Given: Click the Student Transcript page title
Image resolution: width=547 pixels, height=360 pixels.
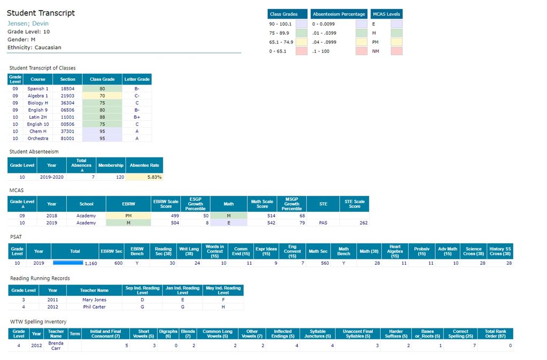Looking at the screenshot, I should pos(41,13).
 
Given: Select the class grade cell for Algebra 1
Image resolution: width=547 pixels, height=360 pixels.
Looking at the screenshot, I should pos(102,96).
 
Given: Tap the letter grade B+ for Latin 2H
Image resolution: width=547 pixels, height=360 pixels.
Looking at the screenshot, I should pos(137,117).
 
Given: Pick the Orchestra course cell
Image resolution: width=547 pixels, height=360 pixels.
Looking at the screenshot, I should pos(38,138).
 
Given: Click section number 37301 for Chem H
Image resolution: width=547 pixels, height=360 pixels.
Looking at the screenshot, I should pos(68,131).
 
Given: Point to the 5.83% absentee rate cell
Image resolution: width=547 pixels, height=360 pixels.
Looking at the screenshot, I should pos(144,177).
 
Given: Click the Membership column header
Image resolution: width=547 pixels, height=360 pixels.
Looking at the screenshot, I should pos(111,165).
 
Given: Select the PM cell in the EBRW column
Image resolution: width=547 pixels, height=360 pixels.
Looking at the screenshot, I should pos(128,216).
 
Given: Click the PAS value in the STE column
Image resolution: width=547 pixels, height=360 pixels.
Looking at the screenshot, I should pos(323,223).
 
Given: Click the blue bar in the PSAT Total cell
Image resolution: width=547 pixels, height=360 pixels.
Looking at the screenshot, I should pos(68,263).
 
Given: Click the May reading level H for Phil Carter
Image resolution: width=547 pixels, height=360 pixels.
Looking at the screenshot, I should pos(223,307).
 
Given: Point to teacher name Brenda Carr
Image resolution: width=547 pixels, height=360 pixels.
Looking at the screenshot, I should pos(56,346).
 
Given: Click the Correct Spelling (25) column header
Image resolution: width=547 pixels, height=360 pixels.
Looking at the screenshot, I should pos(460,334).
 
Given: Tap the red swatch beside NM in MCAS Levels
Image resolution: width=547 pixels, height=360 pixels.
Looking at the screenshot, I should pos(397,51).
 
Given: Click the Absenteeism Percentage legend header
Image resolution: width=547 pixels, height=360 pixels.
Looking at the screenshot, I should pos(339,14).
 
